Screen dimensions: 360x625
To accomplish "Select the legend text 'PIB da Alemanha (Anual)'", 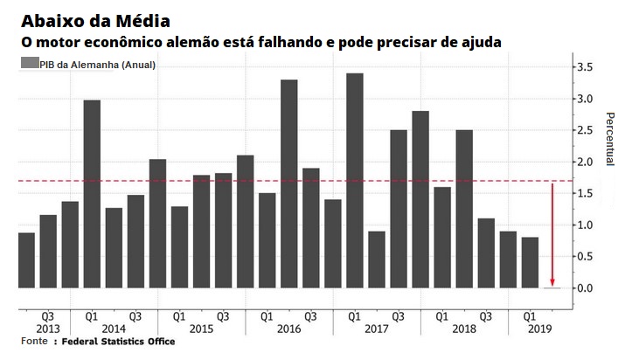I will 97,65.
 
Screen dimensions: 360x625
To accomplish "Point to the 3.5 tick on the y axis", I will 585,67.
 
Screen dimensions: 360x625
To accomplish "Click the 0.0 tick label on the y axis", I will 585,288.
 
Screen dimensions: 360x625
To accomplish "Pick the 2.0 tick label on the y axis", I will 585,163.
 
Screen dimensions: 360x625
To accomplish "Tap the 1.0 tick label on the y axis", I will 585,225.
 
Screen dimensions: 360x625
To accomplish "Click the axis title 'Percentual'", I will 610,140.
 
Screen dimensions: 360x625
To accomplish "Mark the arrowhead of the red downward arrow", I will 552,281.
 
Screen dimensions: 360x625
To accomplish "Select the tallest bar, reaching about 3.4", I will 355,180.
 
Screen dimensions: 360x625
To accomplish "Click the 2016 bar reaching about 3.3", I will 289,183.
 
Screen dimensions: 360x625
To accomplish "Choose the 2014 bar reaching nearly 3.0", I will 92,194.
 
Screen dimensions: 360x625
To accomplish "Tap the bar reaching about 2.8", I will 420,199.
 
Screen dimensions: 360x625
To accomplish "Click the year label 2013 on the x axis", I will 48,329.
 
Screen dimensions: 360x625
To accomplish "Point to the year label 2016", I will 289,329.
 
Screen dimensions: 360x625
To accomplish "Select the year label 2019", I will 531,329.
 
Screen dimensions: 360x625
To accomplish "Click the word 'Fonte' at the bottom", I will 34,342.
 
